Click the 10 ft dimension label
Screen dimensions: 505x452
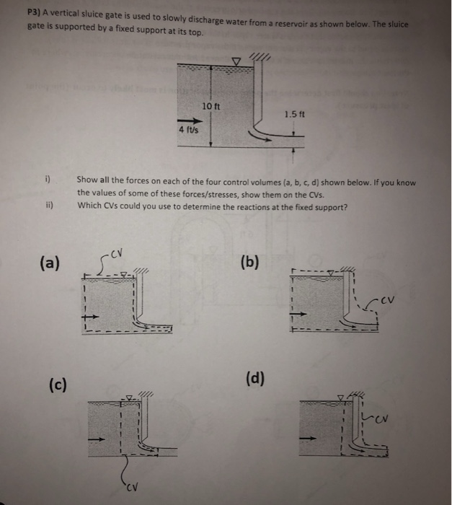point(211,106)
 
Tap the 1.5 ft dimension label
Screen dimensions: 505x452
point(293,113)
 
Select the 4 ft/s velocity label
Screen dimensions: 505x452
point(188,129)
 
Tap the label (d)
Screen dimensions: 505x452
point(254,377)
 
